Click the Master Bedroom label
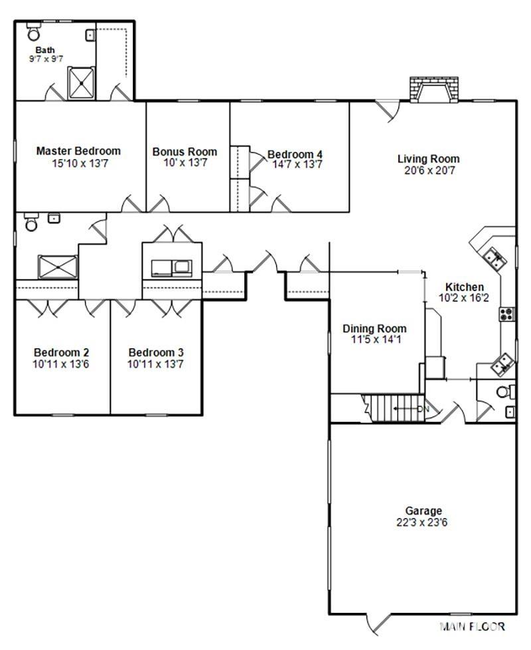(x=78, y=151)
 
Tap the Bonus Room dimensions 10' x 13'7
(x=185, y=162)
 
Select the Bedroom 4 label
(x=295, y=154)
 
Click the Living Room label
(x=429, y=159)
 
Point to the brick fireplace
(x=434, y=89)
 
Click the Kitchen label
(x=464, y=287)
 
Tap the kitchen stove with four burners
(x=506, y=314)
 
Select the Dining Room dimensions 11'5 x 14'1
(x=376, y=340)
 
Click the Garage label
(x=423, y=511)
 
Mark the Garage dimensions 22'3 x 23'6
(x=422, y=523)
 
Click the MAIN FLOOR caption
(x=472, y=626)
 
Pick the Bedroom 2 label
(x=61, y=353)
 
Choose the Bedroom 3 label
(x=156, y=353)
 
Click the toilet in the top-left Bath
(x=34, y=32)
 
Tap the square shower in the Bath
(x=81, y=83)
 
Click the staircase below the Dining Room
(x=394, y=409)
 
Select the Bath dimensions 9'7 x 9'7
(x=46, y=59)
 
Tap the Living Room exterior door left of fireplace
(x=388, y=110)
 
